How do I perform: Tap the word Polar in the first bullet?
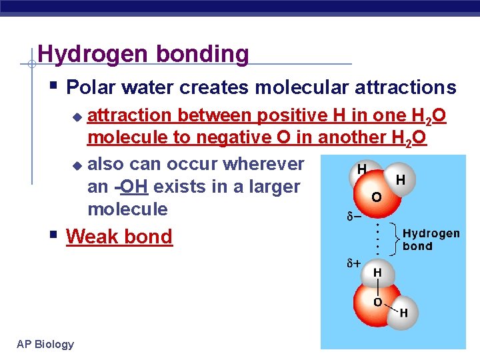(x=92, y=87)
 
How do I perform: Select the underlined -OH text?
(x=133, y=187)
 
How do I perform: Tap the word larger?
(x=273, y=187)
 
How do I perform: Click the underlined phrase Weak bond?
(x=119, y=237)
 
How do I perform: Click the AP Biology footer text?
(x=45, y=344)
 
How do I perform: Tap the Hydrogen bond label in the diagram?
(x=431, y=239)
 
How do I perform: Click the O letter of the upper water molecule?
(x=377, y=198)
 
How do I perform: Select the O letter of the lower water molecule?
(x=377, y=302)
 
